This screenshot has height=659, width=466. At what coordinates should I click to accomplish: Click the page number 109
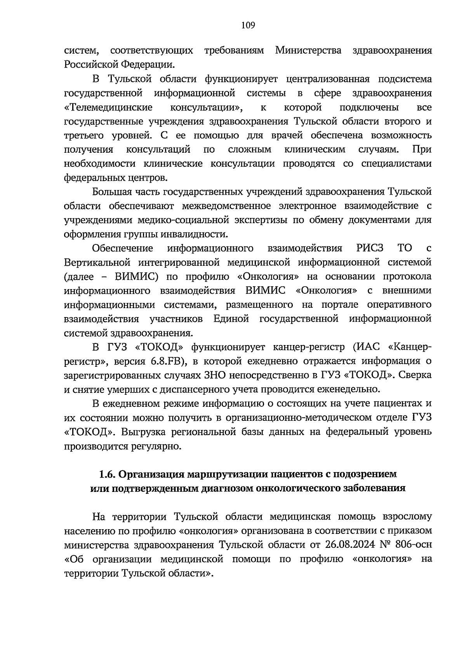tap(248, 26)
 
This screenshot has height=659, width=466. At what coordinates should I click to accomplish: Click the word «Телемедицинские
tap(108, 107)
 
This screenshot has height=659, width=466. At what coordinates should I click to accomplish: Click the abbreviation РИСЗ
tap(367, 248)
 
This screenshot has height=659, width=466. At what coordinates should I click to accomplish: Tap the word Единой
tap(231, 319)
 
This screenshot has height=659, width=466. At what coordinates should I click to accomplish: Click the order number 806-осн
tap(415, 545)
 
